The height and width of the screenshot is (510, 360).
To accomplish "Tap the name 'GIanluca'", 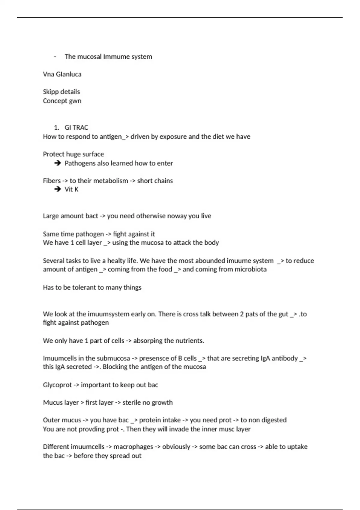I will click(68, 74).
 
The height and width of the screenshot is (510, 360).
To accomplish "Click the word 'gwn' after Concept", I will click(75, 101).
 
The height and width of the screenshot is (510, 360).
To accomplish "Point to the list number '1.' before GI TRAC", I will click(56, 127).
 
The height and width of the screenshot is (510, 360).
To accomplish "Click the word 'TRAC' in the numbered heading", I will click(80, 127).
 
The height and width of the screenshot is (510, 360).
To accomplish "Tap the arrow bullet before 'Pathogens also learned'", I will click(58, 163).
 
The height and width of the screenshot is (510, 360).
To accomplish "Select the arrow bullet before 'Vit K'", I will click(58, 189).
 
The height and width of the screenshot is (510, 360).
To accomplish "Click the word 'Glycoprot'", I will click(57, 385).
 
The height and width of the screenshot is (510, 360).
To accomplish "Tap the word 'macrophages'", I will click(133, 447).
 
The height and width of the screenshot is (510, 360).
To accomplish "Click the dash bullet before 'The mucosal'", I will click(55, 57).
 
